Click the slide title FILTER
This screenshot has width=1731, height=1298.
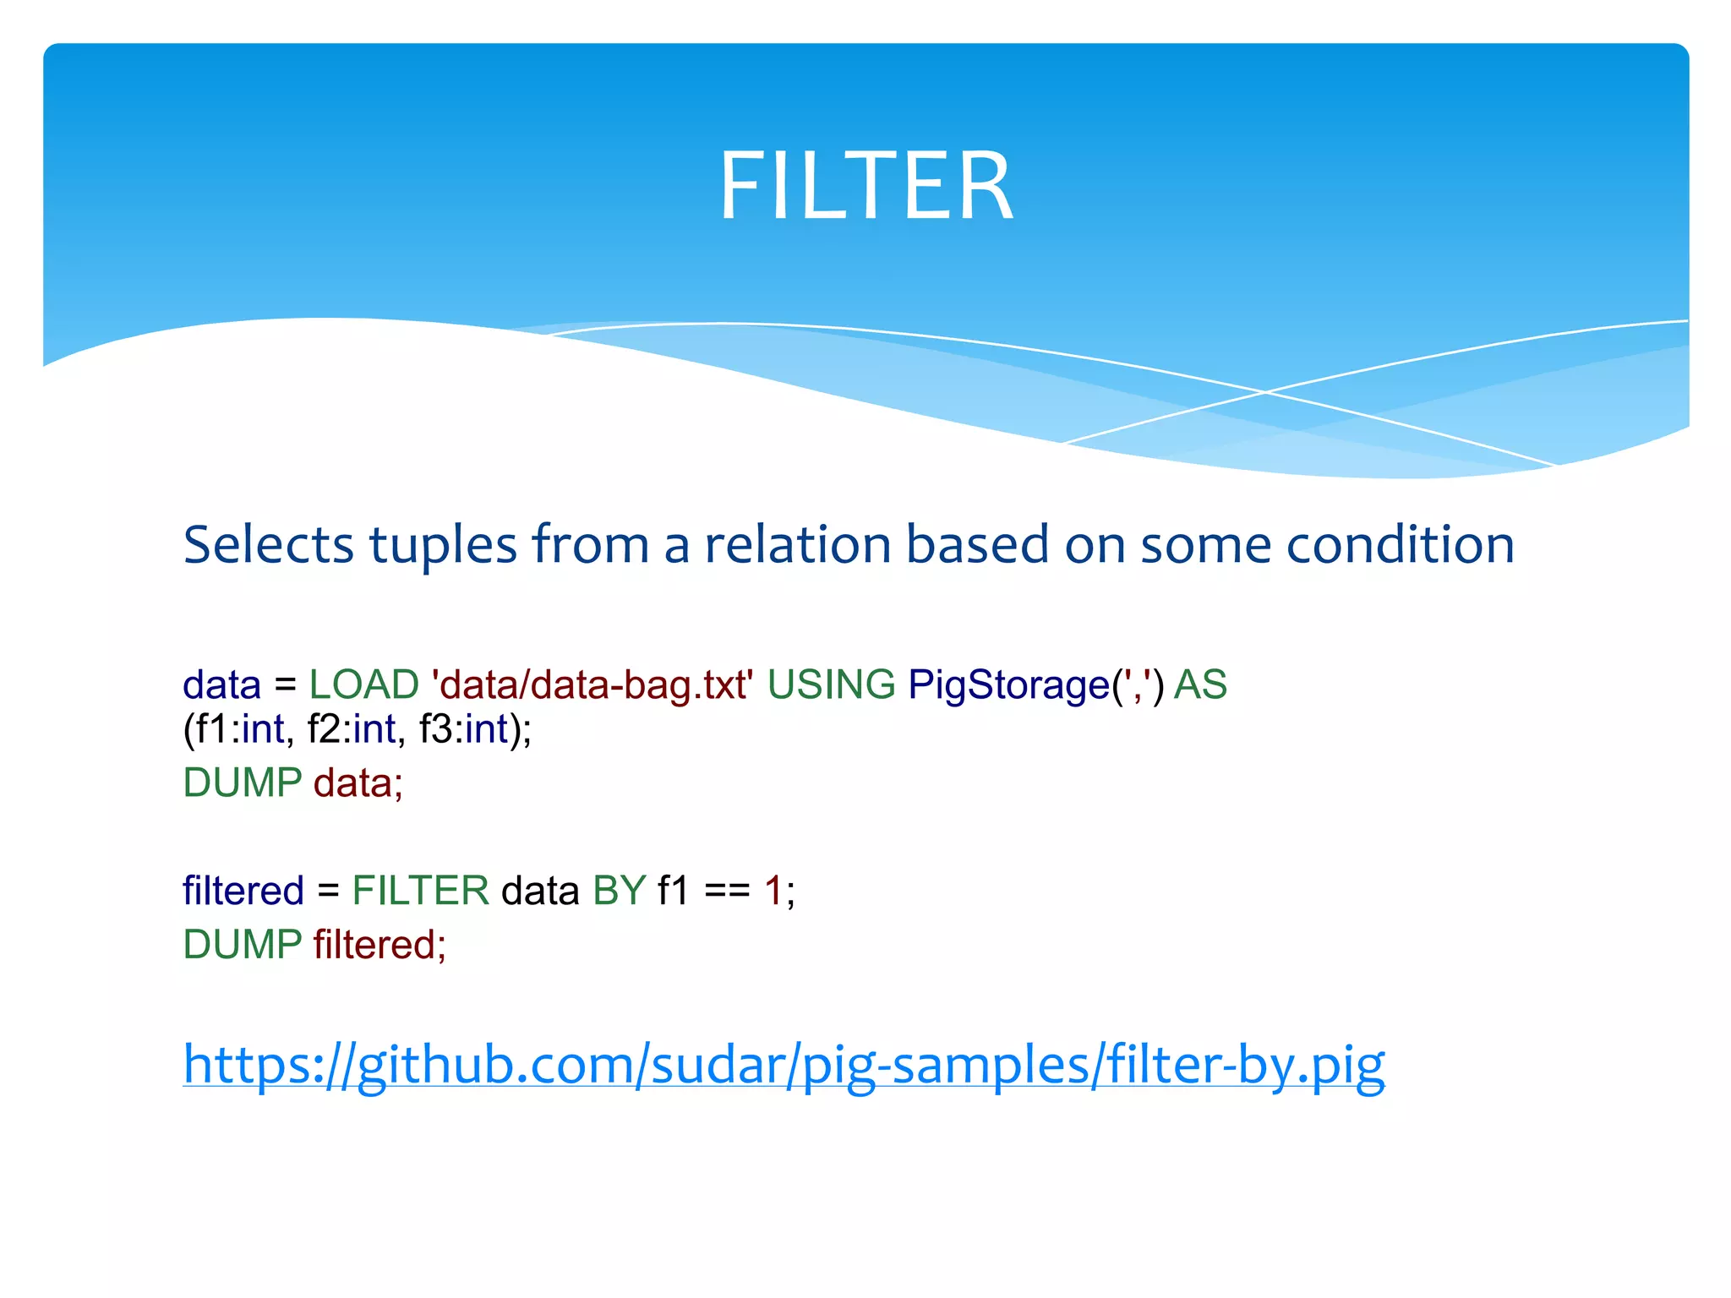pyautogui.click(x=865, y=186)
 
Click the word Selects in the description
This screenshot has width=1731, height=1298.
pyautogui.click(x=268, y=544)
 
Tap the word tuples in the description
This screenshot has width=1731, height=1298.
pyautogui.click(x=443, y=544)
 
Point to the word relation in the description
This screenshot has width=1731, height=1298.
pyautogui.click(x=798, y=544)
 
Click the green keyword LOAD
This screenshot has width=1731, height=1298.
pyautogui.click(x=363, y=684)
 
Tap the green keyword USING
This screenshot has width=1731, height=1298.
pyautogui.click(x=831, y=684)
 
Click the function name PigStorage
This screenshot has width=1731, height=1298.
pyautogui.click(x=1009, y=684)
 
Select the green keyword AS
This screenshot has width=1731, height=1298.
pyautogui.click(x=1200, y=684)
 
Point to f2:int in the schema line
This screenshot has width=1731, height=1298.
pyautogui.click(x=351, y=729)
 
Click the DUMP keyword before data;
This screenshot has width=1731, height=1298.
pyautogui.click(x=243, y=783)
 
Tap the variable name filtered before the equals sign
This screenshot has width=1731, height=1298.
pyautogui.click(x=243, y=891)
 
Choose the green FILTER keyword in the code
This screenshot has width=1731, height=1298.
pyautogui.click(x=420, y=891)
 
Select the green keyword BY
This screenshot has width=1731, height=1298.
pyautogui.click(x=620, y=891)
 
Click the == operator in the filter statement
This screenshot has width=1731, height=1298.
pyautogui.click(x=727, y=891)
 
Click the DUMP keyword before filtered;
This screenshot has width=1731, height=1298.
pyautogui.click(x=243, y=945)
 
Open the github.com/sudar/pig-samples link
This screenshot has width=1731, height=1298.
pyautogui.click(x=784, y=1064)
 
